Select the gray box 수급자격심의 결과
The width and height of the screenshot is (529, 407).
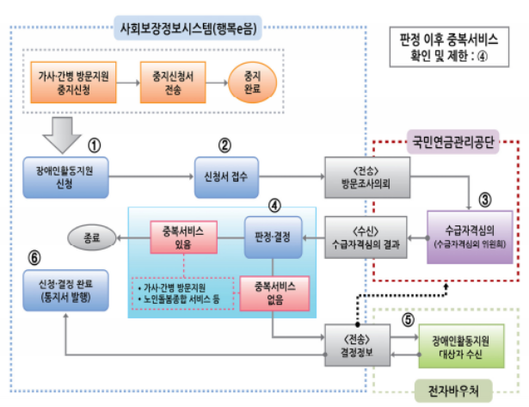click(360, 238)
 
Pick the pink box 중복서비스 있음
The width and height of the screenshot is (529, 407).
click(182, 238)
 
